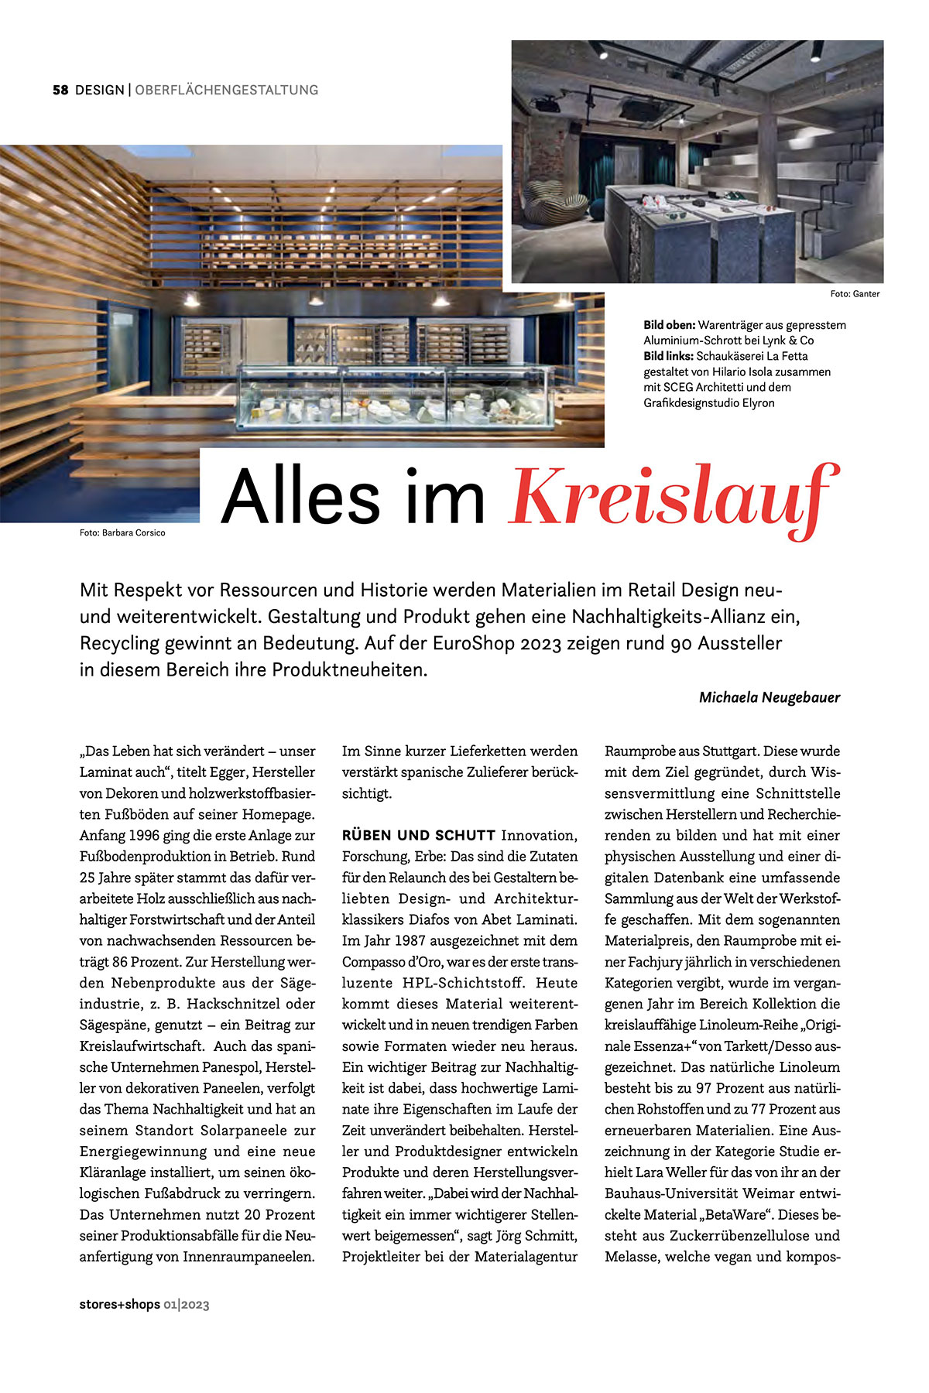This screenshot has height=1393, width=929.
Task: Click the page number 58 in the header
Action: (60, 90)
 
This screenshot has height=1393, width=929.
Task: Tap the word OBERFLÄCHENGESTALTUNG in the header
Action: (226, 90)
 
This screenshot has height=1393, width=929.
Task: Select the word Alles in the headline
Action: (300, 497)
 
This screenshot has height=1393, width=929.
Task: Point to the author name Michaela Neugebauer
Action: (769, 697)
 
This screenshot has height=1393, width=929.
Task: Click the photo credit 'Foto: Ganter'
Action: (855, 294)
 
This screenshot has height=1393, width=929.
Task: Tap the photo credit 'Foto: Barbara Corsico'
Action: (122, 532)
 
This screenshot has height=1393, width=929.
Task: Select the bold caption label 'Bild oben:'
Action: (669, 325)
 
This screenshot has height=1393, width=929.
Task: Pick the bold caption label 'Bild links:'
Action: (669, 356)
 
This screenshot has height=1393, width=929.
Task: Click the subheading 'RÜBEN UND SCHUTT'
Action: (419, 836)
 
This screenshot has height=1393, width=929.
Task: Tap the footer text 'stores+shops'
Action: (119, 1304)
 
